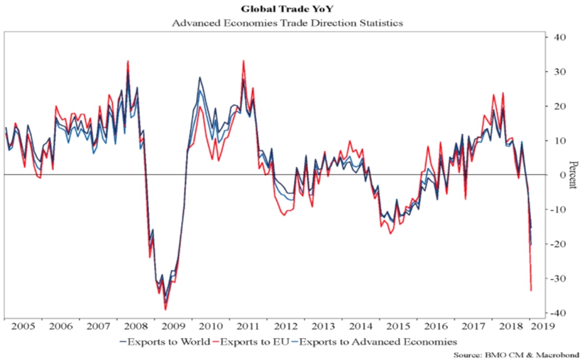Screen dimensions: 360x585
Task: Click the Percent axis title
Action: click(572, 175)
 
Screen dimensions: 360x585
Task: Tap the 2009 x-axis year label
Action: click(175, 327)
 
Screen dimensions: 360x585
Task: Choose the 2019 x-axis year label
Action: click(546, 327)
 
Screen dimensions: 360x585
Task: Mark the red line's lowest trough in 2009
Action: click(165, 309)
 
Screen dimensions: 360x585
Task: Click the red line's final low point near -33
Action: click(532, 290)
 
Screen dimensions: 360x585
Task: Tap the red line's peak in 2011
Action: click(244, 61)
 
